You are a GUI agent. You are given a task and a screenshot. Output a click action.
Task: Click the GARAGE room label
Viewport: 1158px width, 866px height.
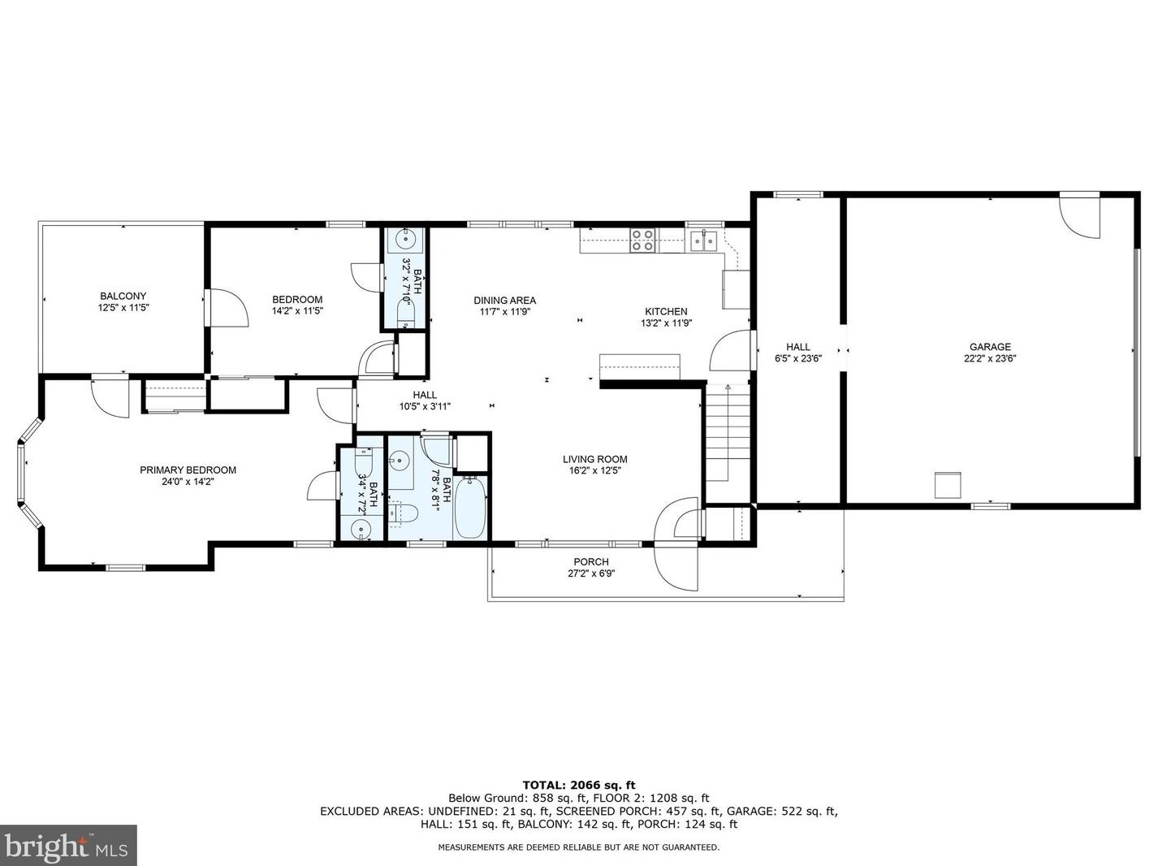pos(990,347)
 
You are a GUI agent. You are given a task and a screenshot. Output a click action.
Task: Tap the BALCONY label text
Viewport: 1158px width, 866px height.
pos(123,296)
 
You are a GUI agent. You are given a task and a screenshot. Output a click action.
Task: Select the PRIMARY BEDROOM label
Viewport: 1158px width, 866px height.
pos(188,470)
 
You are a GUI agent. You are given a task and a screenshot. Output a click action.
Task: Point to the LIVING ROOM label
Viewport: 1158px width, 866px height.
pos(594,459)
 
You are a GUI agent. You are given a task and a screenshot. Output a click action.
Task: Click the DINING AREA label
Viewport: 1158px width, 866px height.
pos(504,301)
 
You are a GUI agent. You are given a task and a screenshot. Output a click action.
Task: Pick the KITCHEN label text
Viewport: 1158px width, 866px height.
pos(666,311)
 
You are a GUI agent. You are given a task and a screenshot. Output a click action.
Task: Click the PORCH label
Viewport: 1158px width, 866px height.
pos(591,562)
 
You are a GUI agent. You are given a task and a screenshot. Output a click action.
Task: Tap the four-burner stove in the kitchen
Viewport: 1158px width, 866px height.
pos(643,240)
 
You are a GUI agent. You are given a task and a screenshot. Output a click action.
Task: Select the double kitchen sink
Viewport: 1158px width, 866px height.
pos(704,241)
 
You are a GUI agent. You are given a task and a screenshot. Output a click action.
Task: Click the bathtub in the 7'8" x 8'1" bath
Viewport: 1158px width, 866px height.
pos(469,507)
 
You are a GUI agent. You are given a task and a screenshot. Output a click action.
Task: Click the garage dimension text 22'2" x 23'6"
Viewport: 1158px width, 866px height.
pos(990,358)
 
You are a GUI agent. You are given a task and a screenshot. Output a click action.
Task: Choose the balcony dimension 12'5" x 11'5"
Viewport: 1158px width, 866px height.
pos(123,308)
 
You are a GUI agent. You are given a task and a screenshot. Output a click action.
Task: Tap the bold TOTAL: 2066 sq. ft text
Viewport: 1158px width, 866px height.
pos(579,786)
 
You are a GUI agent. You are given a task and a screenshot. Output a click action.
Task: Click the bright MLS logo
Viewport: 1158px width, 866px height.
pos(67,846)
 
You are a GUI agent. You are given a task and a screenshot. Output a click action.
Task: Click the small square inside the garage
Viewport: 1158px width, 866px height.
pos(948,486)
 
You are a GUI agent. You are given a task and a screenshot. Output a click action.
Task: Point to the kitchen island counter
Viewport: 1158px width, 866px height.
pos(639,366)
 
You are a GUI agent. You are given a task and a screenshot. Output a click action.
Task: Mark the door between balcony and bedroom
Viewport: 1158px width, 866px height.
pos(227,308)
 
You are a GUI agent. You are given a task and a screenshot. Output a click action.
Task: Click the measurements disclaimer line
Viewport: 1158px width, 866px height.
pos(579,847)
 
